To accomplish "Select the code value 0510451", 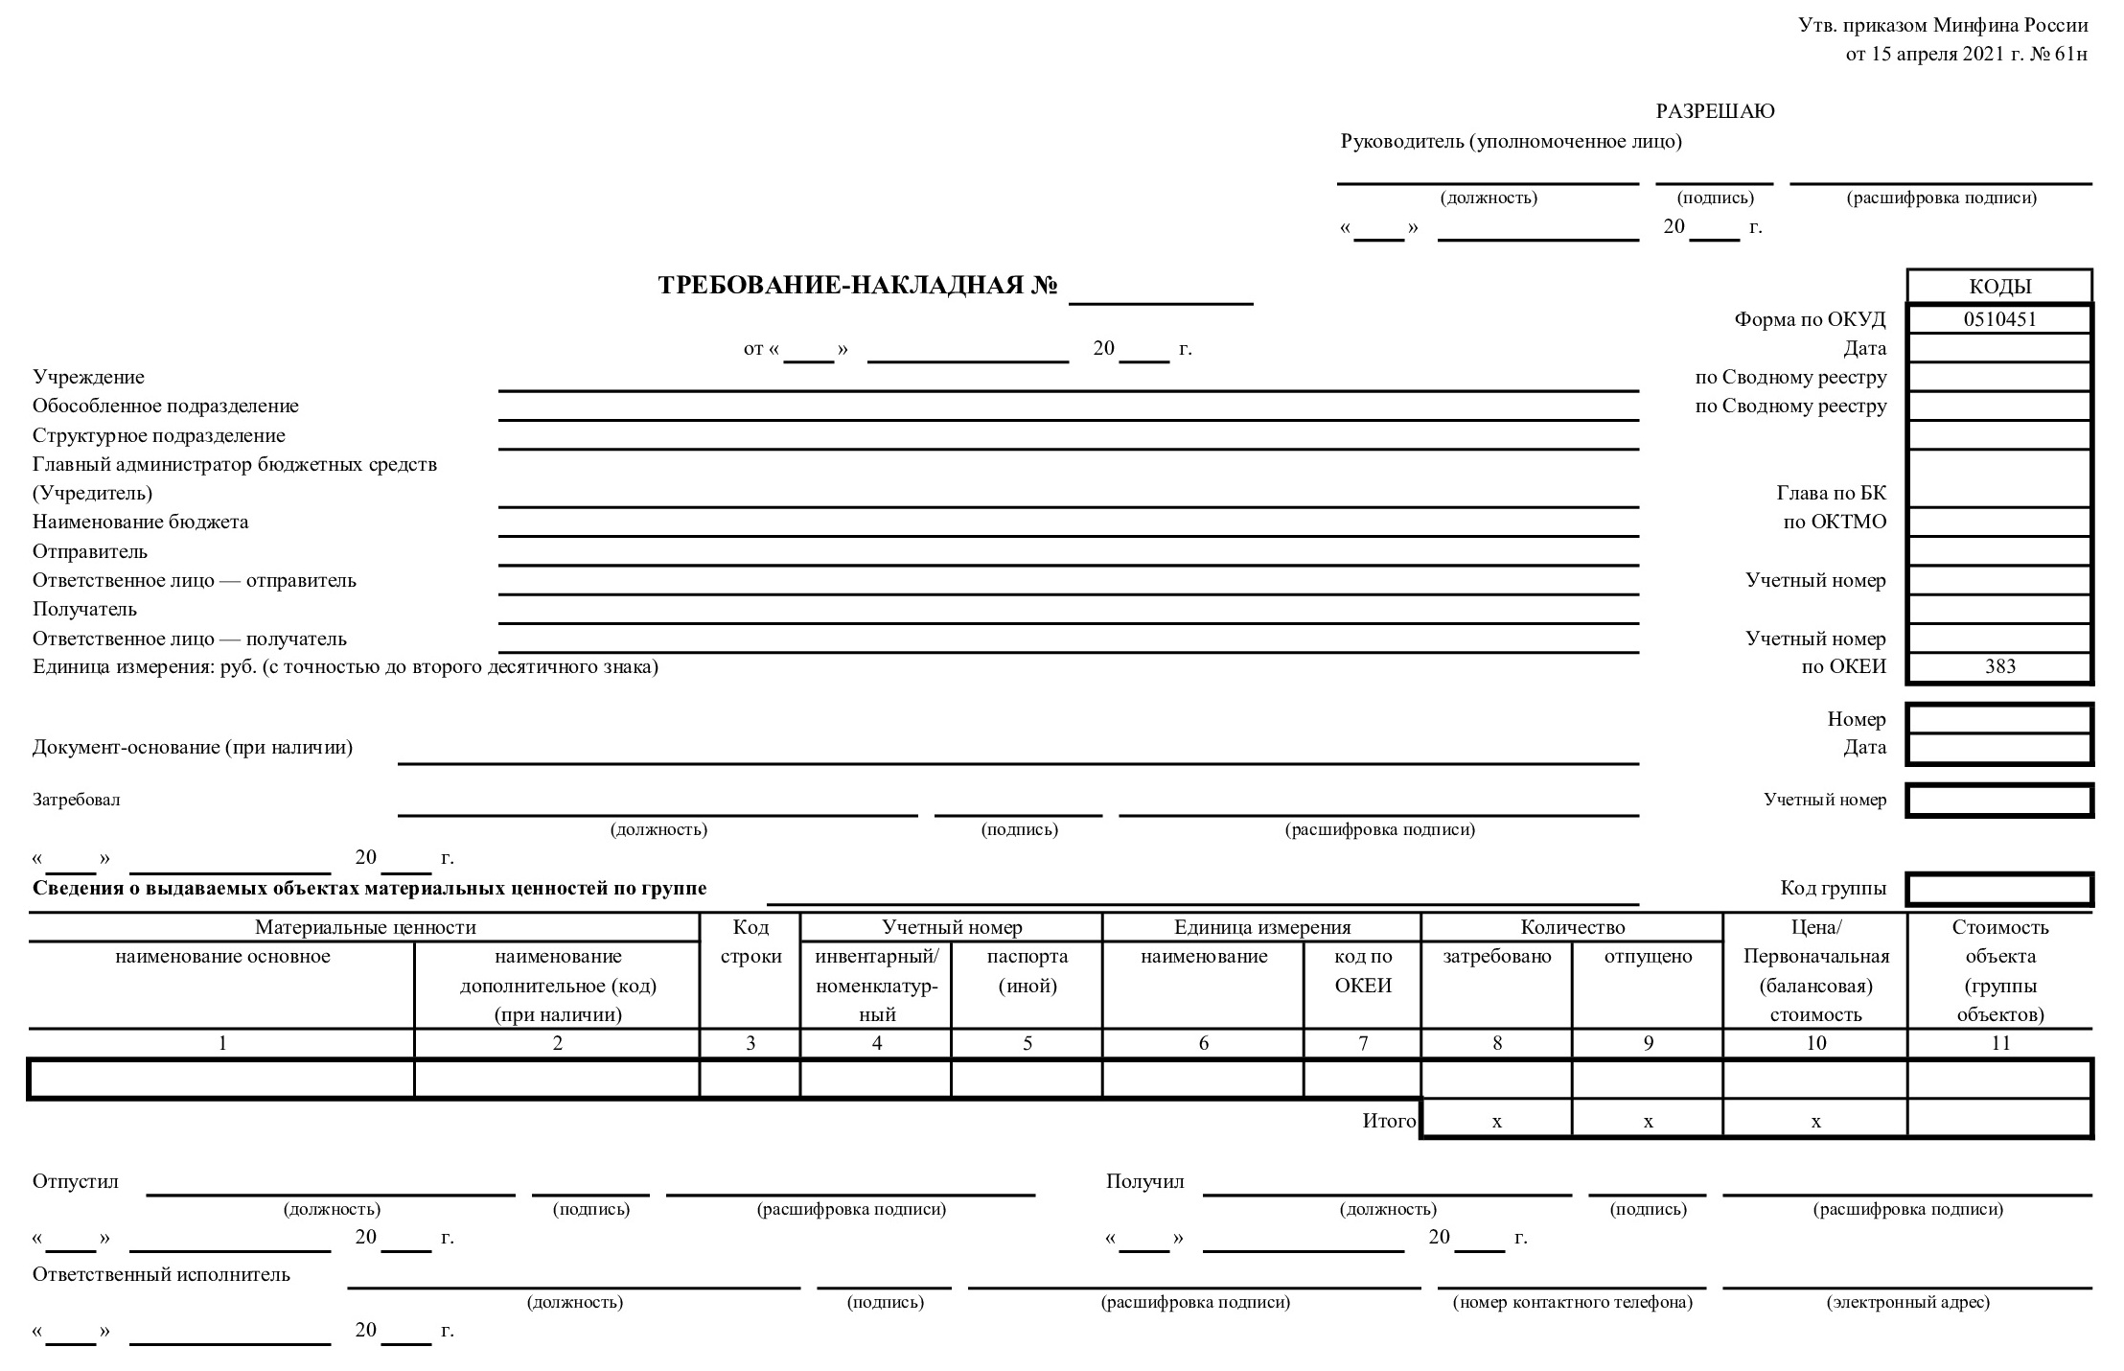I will click(x=1999, y=319).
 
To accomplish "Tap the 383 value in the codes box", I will click(x=1999, y=667).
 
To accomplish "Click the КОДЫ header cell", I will click(x=1999, y=287).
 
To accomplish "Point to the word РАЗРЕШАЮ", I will click(x=1715, y=111).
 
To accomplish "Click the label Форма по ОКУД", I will click(x=1810, y=319).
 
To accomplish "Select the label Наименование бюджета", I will click(x=140, y=523).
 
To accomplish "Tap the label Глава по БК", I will click(x=1831, y=494).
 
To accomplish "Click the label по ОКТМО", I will click(x=1834, y=523).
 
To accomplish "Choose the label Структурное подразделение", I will click(x=159, y=435).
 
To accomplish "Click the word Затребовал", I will click(x=77, y=800).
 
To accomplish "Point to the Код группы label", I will click(x=1833, y=889).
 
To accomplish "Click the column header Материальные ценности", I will click(x=365, y=927).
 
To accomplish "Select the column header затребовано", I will click(x=1496, y=957).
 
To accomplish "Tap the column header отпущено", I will click(x=1648, y=957).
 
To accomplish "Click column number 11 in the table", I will click(x=1999, y=1043).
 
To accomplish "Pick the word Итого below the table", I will click(x=1389, y=1121).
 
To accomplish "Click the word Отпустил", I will click(x=76, y=1181).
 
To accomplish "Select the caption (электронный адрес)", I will click(x=1907, y=1302).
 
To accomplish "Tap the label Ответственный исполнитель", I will click(x=161, y=1274).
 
